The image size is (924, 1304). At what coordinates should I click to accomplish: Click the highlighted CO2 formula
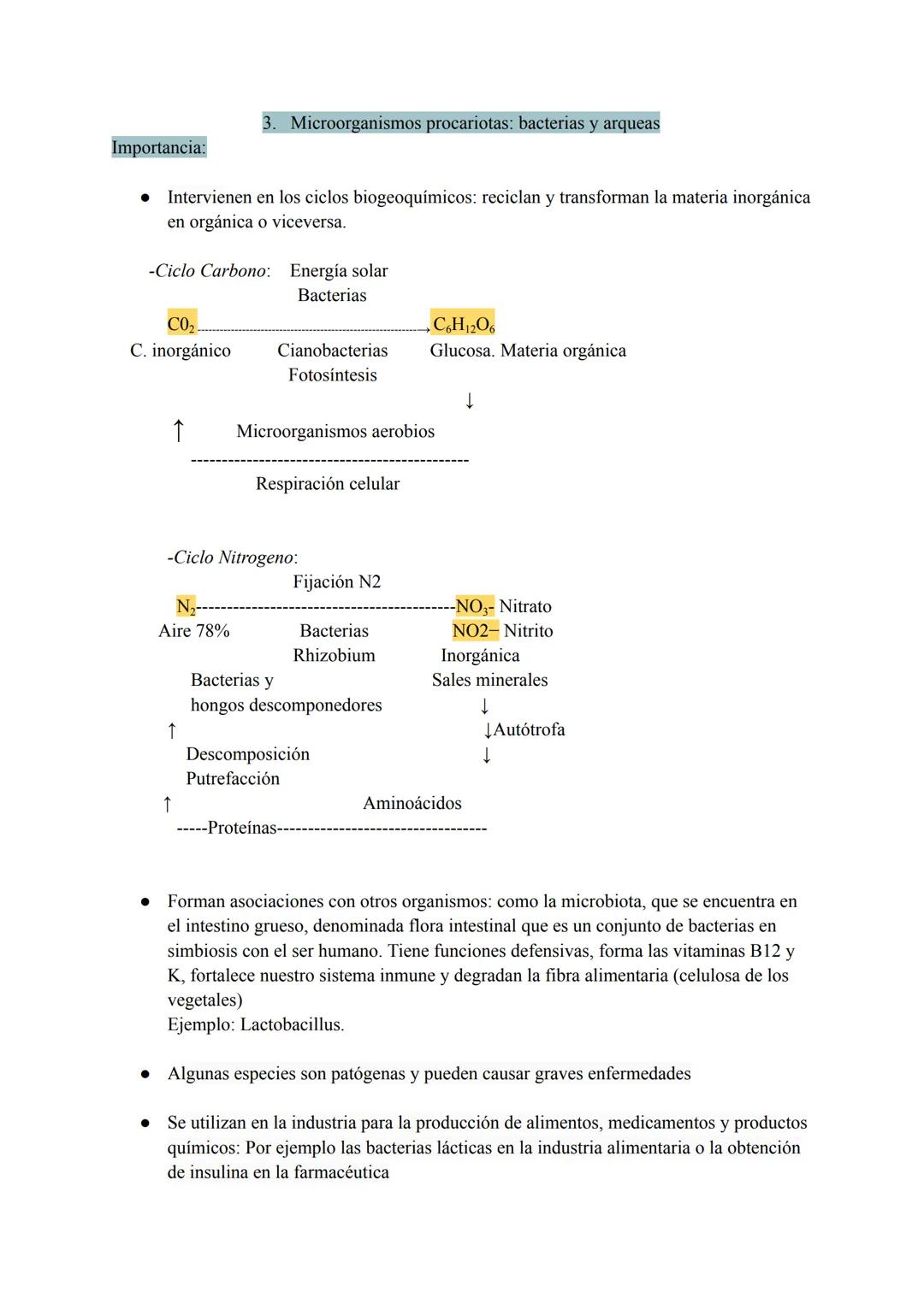click(x=181, y=324)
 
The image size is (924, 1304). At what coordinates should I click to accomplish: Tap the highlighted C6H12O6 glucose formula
click(x=463, y=324)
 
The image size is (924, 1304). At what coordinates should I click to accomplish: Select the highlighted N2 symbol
click(x=186, y=606)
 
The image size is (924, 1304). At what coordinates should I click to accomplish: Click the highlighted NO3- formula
click(x=474, y=606)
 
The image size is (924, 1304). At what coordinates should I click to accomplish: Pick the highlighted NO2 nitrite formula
click(x=475, y=631)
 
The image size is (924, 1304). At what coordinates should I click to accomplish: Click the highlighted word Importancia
click(x=159, y=148)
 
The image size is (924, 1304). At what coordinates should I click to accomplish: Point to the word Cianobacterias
click(x=332, y=351)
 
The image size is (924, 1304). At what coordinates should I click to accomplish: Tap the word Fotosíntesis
click(x=332, y=375)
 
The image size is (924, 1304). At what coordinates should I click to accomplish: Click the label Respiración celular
click(x=328, y=484)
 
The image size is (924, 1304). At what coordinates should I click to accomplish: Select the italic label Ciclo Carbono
click(x=210, y=271)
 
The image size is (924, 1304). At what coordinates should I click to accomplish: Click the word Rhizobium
click(x=334, y=656)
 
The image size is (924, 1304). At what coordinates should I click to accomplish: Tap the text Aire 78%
click(x=194, y=631)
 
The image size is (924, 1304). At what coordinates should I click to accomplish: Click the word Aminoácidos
click(x=412, y=803)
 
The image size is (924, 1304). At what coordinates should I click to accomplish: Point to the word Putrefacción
click(x=233, y=779)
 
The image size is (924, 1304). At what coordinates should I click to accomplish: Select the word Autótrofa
click(x=529, y=729)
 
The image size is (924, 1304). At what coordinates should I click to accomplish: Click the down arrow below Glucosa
click(x=469, y=400)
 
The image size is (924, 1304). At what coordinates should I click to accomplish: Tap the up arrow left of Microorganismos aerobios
click(x=178, y=430)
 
